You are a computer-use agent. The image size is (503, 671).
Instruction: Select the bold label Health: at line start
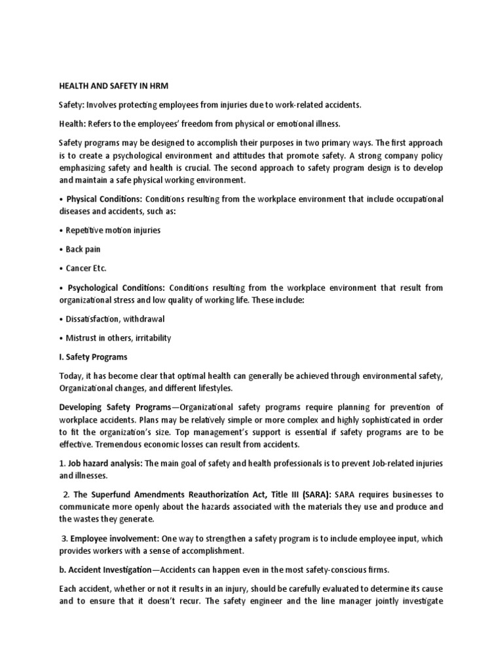[x=71, y=124]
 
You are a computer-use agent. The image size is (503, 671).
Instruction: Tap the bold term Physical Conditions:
[x=104, y=199]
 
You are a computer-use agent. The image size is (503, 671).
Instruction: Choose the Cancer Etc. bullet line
[x=87, y=269]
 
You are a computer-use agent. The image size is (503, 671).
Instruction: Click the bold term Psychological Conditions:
[x=117, y=288]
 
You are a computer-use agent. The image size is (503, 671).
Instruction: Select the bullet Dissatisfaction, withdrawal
[x=115, y=319]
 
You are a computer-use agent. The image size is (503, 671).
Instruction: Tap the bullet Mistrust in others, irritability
[x=118, y=338]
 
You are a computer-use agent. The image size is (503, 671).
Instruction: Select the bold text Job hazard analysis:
[x=105, y=463]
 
